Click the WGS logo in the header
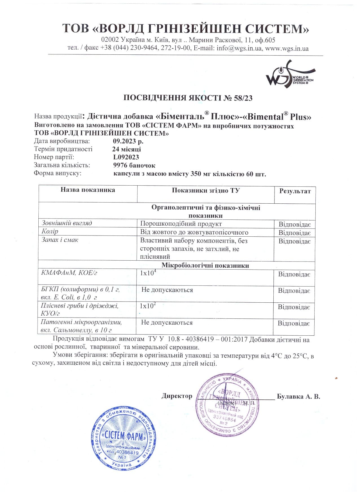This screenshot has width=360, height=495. (289, 74)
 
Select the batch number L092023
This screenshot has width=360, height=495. (126, 157)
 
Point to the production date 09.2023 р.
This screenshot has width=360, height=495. (128, 141)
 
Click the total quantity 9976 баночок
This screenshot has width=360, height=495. (134, 165)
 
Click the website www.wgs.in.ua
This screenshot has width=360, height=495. (287, 48)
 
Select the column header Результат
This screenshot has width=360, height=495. (295, 191)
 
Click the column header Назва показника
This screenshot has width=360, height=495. (88, 190)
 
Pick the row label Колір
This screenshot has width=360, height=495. (50, 232)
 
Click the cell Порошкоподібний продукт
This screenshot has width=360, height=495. (181, 224)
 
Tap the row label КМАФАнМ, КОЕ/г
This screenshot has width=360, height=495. (69, 273)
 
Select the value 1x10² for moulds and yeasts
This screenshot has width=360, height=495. (148, 306)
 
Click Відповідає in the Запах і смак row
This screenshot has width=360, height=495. (295, 241)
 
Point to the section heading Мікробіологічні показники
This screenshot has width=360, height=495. (205, 265)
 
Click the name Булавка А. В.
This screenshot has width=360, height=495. (298, 396)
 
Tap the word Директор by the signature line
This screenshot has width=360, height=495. (177, 396)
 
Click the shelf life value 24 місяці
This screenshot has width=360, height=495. (126, 149)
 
